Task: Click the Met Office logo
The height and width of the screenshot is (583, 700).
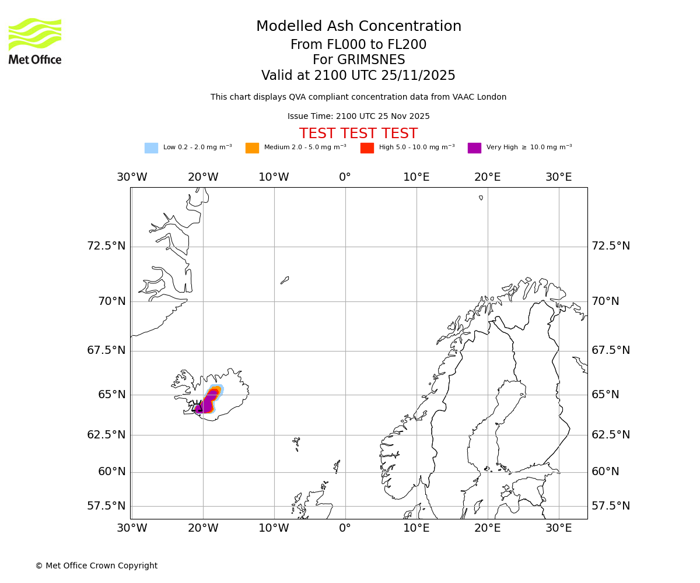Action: pyautogui.click(x=35, y=41)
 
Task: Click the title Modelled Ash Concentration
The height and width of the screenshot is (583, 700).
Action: pyautogui.click(x=358, y=27)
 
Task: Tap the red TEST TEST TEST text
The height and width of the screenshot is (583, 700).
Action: pyautogui.click(x=358, y=134)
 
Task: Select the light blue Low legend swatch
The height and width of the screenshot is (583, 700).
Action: pyautogui.click(x=151, y=148)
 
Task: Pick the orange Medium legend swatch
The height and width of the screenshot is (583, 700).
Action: pyautogui.click(x=252, y=148)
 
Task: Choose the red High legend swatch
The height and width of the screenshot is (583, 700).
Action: pyautogui.click(x=367, y=148)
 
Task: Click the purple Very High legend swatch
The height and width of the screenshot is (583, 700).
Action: pyautogui.click(x=474, y=148)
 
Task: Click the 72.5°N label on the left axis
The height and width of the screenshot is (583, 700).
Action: pyautogui.click(x=106, y=246)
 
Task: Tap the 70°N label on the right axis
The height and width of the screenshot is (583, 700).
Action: pyautogui.click(x=605, y=301)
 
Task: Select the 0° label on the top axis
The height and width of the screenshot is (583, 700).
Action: pyautogui.click(x=345, y=177)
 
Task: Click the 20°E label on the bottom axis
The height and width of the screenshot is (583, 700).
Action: pyautogui.click(x=487, y=528)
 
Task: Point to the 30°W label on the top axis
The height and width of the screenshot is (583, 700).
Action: pyautogui.click(x=132, y=177)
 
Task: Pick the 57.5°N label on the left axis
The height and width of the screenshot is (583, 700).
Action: pyautogui.click(x=106, y=506)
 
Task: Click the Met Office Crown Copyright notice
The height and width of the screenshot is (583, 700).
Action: pyautogui.click(x=96, y=566)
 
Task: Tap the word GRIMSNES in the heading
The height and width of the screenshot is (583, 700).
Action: pyautogui.click(x=358, y=60)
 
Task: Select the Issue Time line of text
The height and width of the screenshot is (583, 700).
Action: pyautogui.click(x=358, y=117)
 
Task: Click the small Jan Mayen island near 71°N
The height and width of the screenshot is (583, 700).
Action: pyautogui.click(x=285, y=280)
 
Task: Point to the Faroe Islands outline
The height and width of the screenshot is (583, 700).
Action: pyautogui.click(x=296, y=443)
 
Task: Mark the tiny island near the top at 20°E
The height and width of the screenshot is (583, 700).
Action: pyautogui.click(x=481, y=198)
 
